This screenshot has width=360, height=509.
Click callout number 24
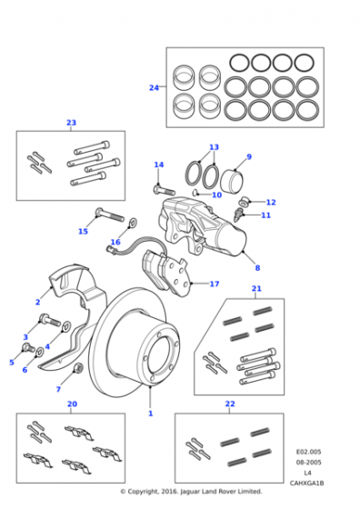154,87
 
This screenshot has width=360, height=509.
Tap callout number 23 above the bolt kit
71,123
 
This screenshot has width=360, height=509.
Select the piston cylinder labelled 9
232,181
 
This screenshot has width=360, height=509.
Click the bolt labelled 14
164,189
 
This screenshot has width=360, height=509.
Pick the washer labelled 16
132,223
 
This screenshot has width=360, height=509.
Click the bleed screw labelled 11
238,215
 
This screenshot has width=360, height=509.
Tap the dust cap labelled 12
243,202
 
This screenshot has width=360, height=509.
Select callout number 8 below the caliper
257,268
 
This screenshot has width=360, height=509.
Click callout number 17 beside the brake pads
215,284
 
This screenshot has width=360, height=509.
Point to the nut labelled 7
78,368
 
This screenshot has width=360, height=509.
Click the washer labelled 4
66,325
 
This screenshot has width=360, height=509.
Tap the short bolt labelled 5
28,347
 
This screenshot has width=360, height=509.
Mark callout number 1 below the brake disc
150,414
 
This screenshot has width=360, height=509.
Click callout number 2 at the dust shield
37,302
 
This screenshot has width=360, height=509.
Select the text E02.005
308,452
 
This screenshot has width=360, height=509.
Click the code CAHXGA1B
306,483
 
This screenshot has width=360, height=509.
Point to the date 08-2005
308,463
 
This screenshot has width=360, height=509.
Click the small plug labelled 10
195,193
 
